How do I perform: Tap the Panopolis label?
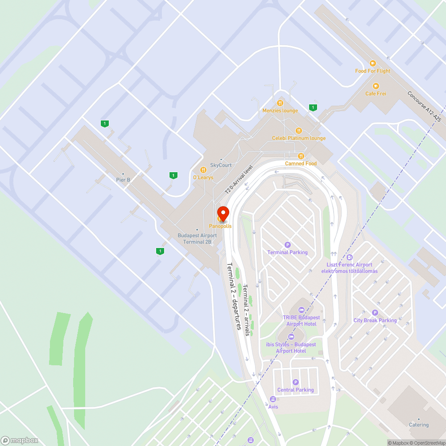coord(220,226)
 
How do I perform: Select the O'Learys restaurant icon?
coord(203,169)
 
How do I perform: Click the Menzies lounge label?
coord(280,111)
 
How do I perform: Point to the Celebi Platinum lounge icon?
coord(298,130)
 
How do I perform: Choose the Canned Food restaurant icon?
coord(301,156)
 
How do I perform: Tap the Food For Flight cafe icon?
coord(372,63)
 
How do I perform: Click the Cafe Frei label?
coord(376,94)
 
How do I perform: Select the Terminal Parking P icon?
coord(288,244)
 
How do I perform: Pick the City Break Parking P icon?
coord(375,313)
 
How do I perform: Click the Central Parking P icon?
coord(295,382)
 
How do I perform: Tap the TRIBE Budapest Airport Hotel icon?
coord(301,310)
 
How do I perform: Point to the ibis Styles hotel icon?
coord(291,336)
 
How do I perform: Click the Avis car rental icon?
coord(273,399)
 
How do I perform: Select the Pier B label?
coord(123,180)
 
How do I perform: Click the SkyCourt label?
coord(221,165)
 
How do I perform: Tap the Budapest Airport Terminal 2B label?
coord(197,239)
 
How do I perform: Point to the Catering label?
coord(419,425)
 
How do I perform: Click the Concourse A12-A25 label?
coord(424,107)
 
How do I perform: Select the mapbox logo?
coord(20,440)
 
